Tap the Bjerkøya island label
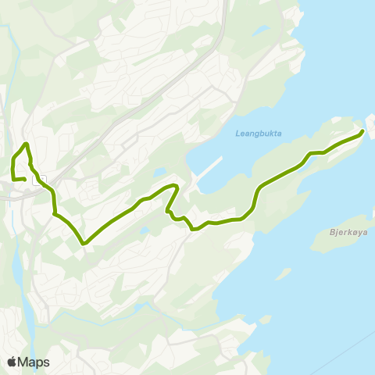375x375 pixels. (x=343, y=232)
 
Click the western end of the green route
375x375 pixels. (x=25, y=180)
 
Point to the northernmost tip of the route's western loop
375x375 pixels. (x=27, y=144)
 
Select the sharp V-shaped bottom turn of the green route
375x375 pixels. (x=83, y=243)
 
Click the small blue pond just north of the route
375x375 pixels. (x=159, y=173)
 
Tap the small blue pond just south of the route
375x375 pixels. (x=145, y=231)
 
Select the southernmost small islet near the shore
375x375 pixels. (x=265, y=320)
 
